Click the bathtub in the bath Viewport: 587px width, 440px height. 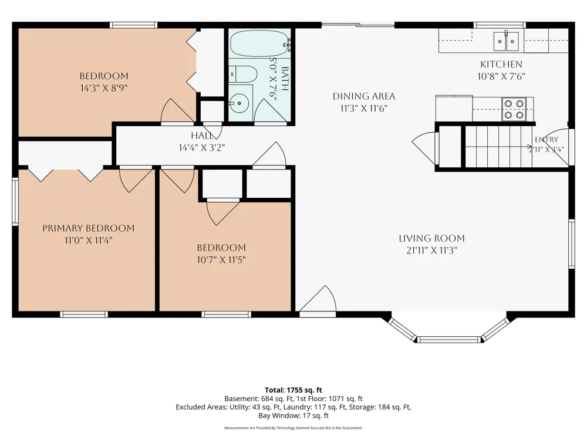[x=259, y=43]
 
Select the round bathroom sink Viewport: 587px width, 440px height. [x=238, y=103]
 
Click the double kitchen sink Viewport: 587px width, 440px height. [x=506, y=42]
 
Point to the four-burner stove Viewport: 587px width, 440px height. [x=514, y=109]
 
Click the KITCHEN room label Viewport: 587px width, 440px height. [x=501, y=64]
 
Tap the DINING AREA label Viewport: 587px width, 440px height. [x=364, y=96]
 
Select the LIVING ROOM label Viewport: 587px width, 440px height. [x=431, y=238]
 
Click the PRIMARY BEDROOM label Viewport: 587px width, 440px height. [x=89, y=228]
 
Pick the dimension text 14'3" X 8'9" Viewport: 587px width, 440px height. [x=104, y=89]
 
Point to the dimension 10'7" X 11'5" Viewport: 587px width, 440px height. [x=221, y=260]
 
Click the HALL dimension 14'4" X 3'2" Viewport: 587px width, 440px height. [x=201, y=148]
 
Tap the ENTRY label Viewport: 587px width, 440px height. [x=546, y=140]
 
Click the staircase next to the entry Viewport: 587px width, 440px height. [x=498, y=147]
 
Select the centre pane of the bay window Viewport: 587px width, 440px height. [x=448, y=340]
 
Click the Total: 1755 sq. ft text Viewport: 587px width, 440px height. [x=293, y=390]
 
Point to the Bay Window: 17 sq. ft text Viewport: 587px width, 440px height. [x=293, y=415]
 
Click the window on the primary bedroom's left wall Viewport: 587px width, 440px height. [x=15, y=202]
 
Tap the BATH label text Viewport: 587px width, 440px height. [x=285, y=79]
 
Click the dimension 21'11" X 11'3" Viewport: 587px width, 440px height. [x=431, y=251]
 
